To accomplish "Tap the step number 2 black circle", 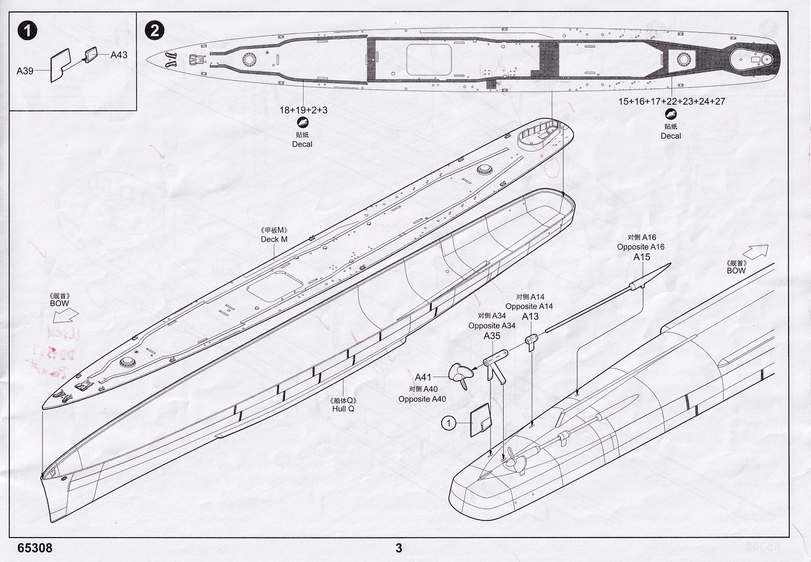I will pos(154,30).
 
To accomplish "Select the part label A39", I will pos(25,71).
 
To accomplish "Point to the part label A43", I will pos(119,55).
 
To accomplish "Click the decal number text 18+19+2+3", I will pos(303,110).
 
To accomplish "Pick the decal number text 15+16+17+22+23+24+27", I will pos(671,101).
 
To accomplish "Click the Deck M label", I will pos(274,239).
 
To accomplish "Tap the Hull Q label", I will pos(343,408).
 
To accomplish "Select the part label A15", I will pos(642,257).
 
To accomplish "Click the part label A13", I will pos(530,316).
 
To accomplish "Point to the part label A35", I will pos(492,336).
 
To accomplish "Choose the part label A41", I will pos(423,377).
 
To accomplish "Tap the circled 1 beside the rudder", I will pos(448,424).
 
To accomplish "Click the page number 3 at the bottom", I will pos(398,547).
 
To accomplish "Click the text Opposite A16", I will pos(641,247).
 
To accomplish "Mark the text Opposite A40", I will pos(422,399).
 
